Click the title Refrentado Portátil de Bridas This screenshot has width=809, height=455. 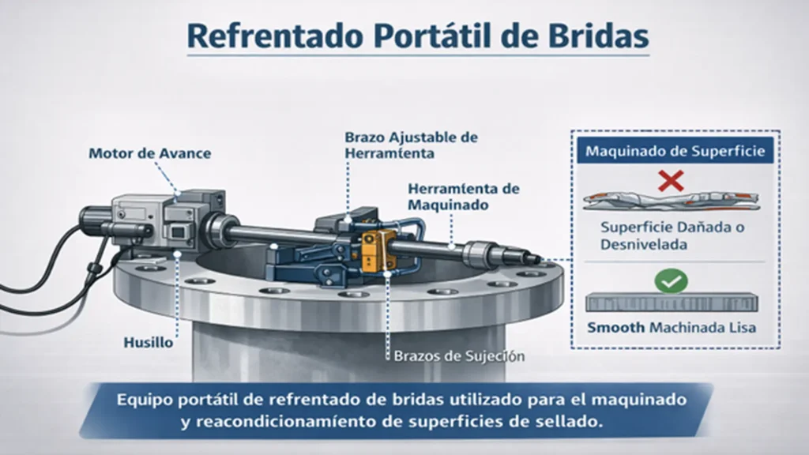[x=418, y=36]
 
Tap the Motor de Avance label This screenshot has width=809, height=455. [x=149, y=153]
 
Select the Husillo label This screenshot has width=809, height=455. [x=148, y=344]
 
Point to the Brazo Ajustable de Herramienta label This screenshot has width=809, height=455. [x=411, y=145]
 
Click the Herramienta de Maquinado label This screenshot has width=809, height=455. [x=463, y=196]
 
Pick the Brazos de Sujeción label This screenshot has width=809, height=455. [x=458, y=356]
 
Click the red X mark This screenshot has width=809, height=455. [x=671, y=181]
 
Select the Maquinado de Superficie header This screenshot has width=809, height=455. [x=674, y=150]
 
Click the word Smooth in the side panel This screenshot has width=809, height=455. [x=615, y=326]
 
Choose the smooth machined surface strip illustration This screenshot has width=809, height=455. [x=672, y=302]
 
